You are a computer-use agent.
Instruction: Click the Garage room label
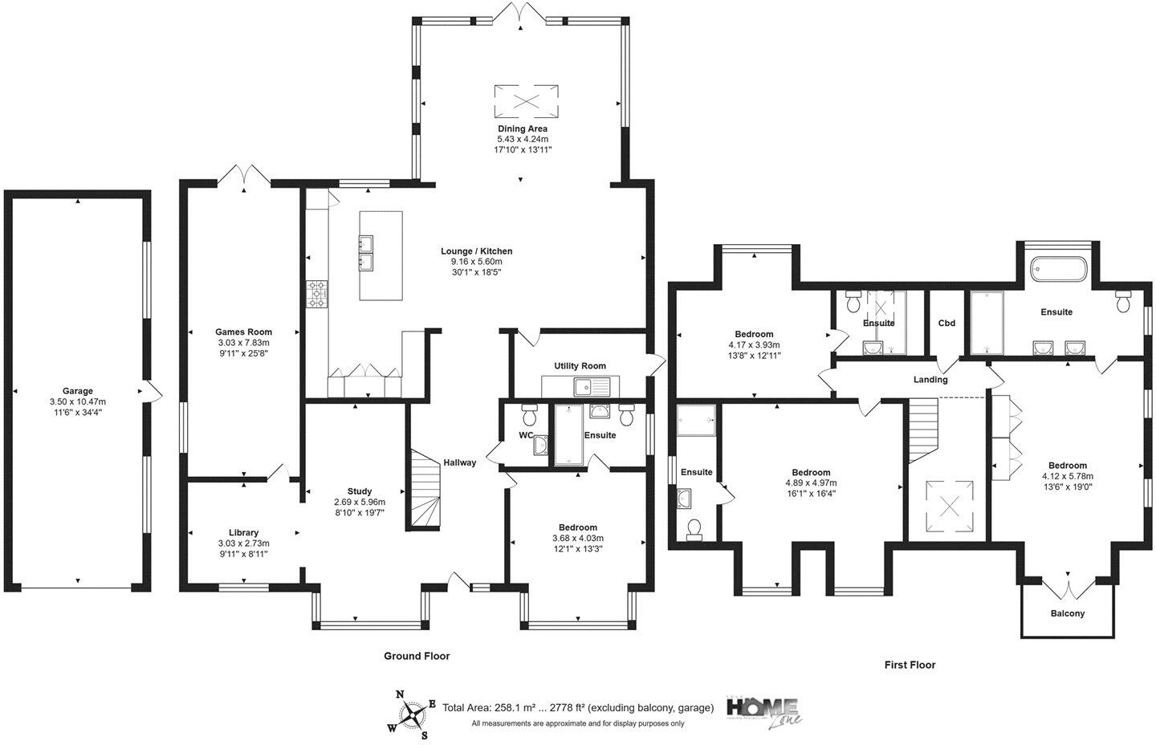click(x=78, y=392)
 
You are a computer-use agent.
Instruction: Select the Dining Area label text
click(x=523, y=128)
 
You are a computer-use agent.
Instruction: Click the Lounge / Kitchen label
click(x=476, y=251)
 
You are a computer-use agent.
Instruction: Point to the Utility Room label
click(x=580, y=366)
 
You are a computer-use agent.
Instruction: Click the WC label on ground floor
click(x=526, y=435)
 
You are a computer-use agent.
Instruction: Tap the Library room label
click(x=243, y=532)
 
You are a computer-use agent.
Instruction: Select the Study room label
click(x=360, y=491)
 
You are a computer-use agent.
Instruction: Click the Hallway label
click(x=460, y=462)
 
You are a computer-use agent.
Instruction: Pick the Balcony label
click(x=1068, y=613)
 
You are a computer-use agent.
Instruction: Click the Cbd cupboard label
click(x=946, y=324)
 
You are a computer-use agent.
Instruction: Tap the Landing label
click(x=930, y=380)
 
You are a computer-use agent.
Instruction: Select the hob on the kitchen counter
click(x=318, y=294)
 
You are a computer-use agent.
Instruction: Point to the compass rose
click(x=413, y=713)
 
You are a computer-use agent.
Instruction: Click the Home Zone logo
click(x=763, y=710)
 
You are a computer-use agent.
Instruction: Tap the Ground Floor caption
click(x=417, y=656)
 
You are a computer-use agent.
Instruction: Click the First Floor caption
click(x=910, y=665)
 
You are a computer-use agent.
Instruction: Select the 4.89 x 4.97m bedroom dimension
click(x=811, y=483)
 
